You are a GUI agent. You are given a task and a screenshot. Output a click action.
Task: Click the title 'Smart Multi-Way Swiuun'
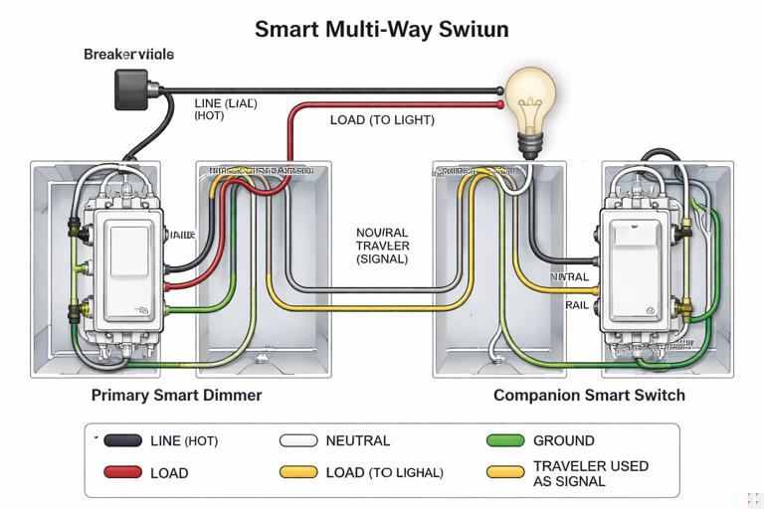[381, 28]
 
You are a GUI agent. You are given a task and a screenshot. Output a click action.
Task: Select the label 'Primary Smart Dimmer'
[176, 395]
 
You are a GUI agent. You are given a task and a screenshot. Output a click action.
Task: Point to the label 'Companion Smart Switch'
[589, 395]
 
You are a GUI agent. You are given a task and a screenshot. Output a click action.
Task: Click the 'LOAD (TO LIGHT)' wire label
[382, 119]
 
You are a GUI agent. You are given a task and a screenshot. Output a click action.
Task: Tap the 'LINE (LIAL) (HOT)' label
[224, 109]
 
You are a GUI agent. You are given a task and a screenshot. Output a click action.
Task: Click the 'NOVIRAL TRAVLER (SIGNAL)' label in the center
[382, 245]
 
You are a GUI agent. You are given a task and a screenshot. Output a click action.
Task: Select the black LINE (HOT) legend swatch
[123, 440]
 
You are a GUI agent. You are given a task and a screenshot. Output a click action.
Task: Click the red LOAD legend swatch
[123, 473]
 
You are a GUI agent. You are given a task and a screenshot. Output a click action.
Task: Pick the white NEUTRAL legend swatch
[298, 440]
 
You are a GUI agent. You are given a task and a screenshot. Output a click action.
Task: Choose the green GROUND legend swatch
[505, 440]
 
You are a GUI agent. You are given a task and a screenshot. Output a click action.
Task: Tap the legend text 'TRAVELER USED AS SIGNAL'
[590, 473]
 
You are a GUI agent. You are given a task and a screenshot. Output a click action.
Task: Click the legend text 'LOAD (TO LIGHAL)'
[384, 473]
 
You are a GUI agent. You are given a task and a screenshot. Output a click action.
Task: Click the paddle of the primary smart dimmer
[127, 250]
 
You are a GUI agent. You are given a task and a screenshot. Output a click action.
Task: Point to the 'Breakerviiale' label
[128, 54]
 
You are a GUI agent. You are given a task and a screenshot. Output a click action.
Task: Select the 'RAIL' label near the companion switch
[577, 305]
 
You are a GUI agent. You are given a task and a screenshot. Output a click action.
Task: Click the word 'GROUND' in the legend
[563, 440]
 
